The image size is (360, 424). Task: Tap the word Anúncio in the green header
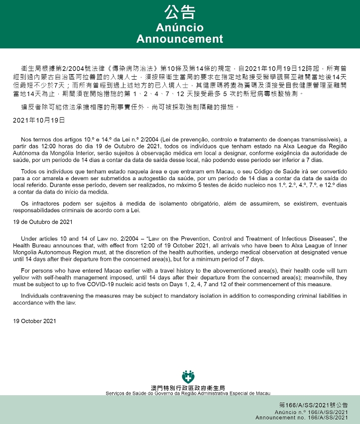(180, 27)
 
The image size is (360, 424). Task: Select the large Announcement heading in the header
(180, 39)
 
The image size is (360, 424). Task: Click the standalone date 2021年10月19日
(39, 120)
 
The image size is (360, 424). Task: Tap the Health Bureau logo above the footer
(188, 376)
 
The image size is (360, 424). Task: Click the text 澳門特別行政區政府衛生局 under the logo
(188, 388)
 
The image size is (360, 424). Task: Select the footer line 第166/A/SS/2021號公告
(313, 406)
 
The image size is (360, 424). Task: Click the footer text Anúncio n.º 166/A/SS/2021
(312, 413)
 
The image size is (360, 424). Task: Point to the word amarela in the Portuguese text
(58, 178)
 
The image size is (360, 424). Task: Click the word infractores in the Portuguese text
(42, 204)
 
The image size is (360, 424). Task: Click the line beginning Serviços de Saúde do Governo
(188, 393)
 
